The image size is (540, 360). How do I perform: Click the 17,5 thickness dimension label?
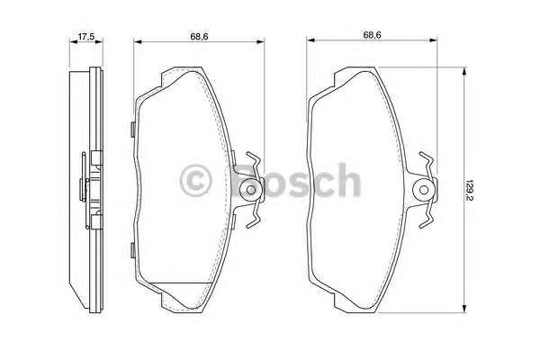[x=86, y=38]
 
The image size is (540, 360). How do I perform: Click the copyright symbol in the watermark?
[x=195, y=182]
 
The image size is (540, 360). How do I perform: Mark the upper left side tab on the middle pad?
[x=133, y=128]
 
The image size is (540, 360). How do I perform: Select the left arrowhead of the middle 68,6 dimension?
[x=138, y=41]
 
